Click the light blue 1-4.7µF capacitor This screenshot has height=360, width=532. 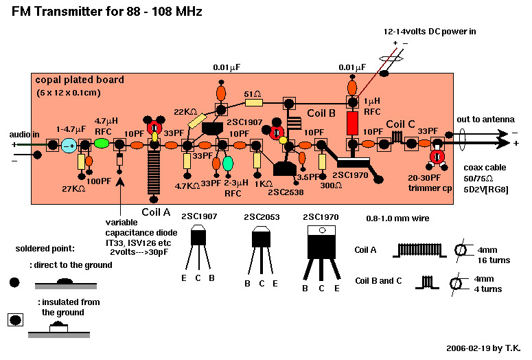tap(69, 145)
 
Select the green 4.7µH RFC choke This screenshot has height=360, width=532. tap(102, 144)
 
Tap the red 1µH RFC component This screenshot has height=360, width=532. tap(353, 123)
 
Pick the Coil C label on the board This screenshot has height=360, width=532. tap(400, 124)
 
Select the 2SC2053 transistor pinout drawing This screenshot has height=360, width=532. tap(260, 250)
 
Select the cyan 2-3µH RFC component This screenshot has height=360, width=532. tap(228, 163)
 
